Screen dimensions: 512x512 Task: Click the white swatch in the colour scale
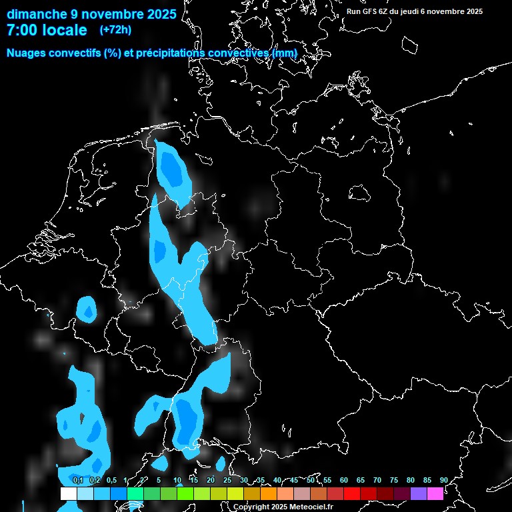click(69, 493)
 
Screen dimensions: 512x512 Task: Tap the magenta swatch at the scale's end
click(435, 493)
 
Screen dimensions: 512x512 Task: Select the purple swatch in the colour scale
click(419, 493)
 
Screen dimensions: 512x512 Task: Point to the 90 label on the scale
click(444, 480)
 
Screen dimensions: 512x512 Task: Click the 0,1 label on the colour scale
click(78, 480)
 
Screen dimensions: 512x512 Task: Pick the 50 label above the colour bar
click(311, 480)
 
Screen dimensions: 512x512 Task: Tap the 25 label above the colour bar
click(227, 480)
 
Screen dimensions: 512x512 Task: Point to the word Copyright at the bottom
click(251, 507)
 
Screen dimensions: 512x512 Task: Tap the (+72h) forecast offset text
click(115, 29)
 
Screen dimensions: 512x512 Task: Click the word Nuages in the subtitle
click(26, 53)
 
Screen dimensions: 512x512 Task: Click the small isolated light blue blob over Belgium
click(87, 309)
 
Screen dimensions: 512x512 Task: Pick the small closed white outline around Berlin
click(360, 193)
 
